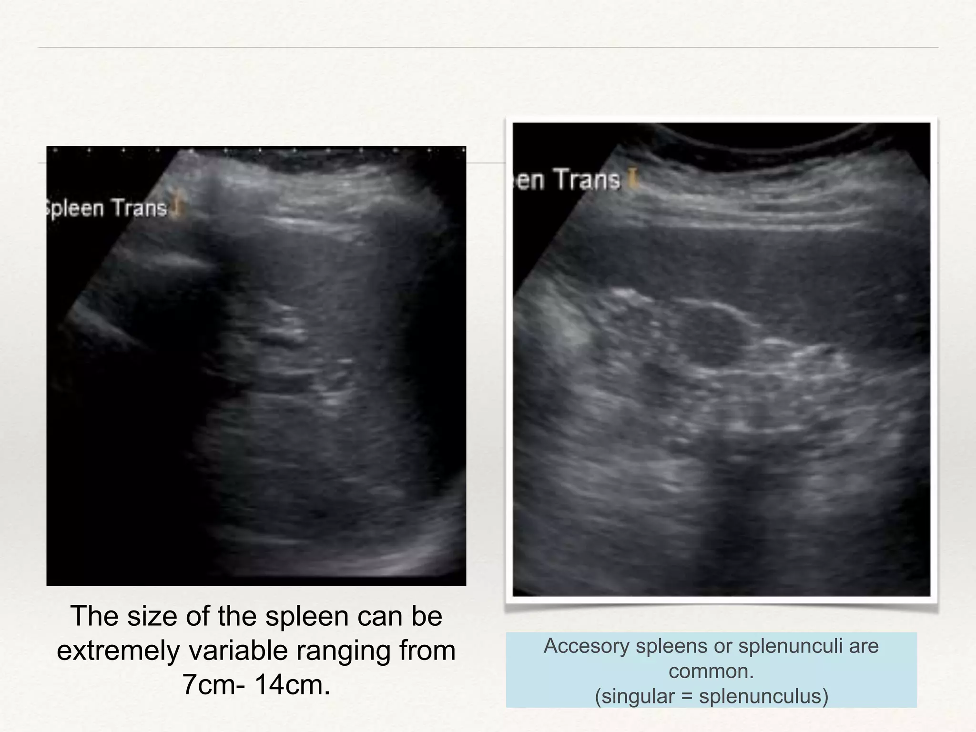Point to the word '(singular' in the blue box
[x=634, y=696]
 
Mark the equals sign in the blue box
[x=686, y=696]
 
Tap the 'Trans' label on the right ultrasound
[x=588, y=180]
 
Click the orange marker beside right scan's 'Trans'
[x=632, y=180]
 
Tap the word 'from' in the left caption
[x=427, y=651]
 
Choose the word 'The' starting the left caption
[x=94, y=616]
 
